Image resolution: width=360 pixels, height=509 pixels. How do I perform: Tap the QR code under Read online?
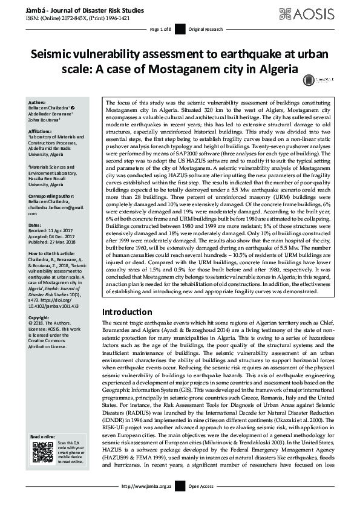coord(43,453)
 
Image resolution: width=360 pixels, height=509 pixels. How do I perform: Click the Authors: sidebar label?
coord(37,103)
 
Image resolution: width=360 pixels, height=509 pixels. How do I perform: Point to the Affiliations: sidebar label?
coord(41,131)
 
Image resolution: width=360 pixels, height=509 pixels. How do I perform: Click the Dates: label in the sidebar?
coord(34,225)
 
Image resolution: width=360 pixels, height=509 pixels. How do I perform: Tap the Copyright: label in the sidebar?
coord(39,317)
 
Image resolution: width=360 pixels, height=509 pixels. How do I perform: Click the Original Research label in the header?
coord(206,30)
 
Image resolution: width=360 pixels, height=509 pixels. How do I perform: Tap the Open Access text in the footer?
coord(201,502)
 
